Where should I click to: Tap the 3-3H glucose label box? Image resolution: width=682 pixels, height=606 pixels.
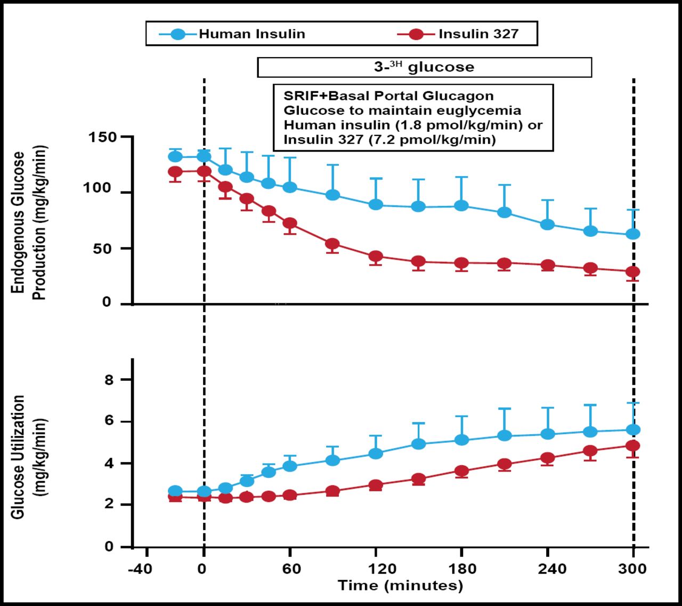click(x=424, y=67)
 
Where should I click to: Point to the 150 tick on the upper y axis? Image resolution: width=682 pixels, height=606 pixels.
click(x=102, y=137)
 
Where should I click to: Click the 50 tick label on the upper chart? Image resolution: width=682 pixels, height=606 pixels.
click(x=102, y=249)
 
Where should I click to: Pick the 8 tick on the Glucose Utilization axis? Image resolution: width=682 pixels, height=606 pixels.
click(x=109, y=380)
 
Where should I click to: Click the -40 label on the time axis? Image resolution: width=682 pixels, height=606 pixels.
click(x=140, y=569)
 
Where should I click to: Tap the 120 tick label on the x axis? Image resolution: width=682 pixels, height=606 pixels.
click(x=376, y=569)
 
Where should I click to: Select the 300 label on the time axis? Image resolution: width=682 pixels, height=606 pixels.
click(x=632, y=569)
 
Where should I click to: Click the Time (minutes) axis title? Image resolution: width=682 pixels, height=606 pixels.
click(x=400, y=586)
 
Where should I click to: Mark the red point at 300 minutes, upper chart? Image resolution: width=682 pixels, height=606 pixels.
click(x=633, y=272)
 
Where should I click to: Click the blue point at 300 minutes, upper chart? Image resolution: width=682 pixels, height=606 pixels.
click(x=633, y=234)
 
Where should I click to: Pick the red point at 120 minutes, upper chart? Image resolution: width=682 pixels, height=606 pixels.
click(x=376, y=256)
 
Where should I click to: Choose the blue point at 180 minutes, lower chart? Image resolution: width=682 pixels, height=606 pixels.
click(x=461, y=440)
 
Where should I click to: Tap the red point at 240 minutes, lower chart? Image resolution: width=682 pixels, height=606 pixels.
click(x=547, y=458)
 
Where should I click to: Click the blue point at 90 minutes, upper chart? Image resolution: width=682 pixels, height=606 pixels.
click(x=332, y=195)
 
